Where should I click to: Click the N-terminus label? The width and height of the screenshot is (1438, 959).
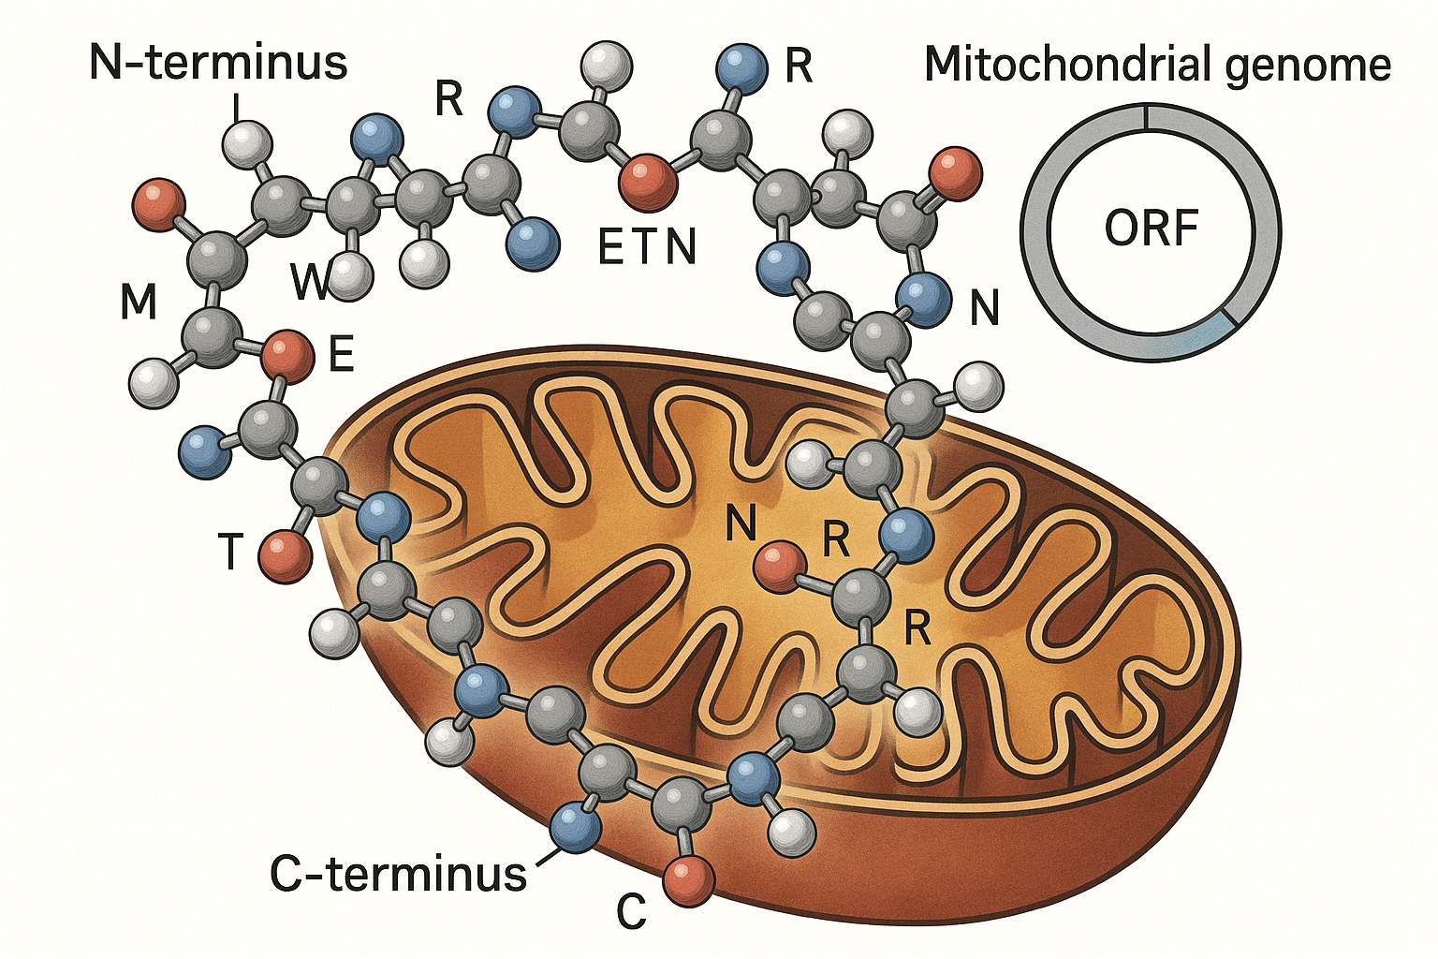coord(218,63)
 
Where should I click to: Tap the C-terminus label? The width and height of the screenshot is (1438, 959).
coord(398,873)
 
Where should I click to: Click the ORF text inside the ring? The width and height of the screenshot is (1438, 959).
coord(1151,228)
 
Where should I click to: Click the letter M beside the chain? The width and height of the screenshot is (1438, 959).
coord(139,302)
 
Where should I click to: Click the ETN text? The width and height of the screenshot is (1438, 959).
coord(647,247)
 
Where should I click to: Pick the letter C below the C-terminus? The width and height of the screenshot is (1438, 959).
coord(632,910)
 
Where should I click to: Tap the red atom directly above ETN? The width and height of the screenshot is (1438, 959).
coord(649,183)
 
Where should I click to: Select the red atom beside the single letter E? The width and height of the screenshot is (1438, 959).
coord(287,356)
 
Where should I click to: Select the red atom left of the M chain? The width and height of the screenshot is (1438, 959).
coord(158,205)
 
